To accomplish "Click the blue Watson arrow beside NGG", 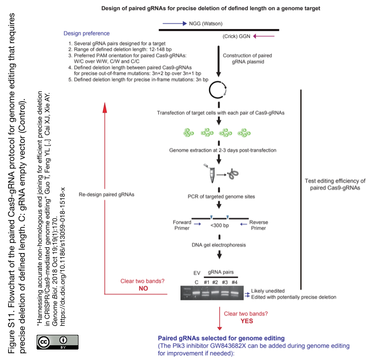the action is tap(175, 23).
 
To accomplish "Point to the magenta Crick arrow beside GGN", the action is tap(264, 36).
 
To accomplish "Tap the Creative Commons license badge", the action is tap(58, 342).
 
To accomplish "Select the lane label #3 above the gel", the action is tap(225, 282).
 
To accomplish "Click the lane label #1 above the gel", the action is tap(206, 282).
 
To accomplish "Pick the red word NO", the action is tap(143, 288).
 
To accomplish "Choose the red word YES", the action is tap(247, 321).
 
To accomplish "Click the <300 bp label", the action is tap(219, 225).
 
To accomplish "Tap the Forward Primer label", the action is tap(182, 225).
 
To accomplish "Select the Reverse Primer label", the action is tap(259, 225).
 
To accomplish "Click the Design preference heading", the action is tap(87, 33).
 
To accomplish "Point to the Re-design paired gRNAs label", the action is tap(107, 195).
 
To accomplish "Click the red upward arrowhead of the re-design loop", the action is tap(105, 107).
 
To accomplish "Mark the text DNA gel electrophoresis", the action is tap(219, 245).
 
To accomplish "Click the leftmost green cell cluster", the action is tap(188, 133).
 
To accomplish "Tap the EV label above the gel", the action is tap(197, 273).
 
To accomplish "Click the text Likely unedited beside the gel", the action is tap(268, 291).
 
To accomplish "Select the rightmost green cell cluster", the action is tap(244, 133).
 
